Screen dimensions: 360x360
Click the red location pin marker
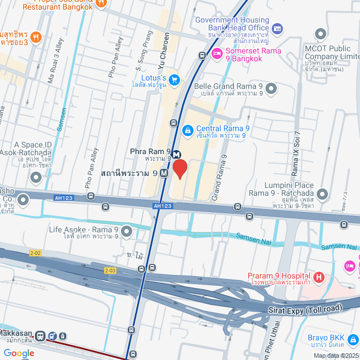pyautogui.click(x=179, y=168)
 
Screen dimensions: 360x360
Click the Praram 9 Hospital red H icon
pyautogui.click(x=319, y=277)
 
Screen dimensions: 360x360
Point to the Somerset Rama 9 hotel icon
pyautogui.click(x=216, y=53)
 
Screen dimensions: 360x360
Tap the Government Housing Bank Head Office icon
pyautogui.click(x=276, y=28)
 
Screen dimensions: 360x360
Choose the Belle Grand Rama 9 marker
pyautogui.click(x=272, y=89)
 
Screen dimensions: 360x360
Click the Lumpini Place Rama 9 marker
pyautogui.click(x=322, y=195)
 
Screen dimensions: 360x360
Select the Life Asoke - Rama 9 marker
pyautogui.click(x=126, y=232)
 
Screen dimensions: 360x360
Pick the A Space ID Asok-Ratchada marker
pyautogui.click(x=37, y=178)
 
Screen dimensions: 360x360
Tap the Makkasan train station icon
pyautogui.click(x=40, y=336)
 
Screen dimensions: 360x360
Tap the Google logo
pyautogui.click(x=19, y=353)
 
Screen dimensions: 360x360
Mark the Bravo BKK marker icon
pyautogui.click(x=352, y=339)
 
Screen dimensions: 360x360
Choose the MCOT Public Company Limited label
pyautogui.click(x=332, y=57)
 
